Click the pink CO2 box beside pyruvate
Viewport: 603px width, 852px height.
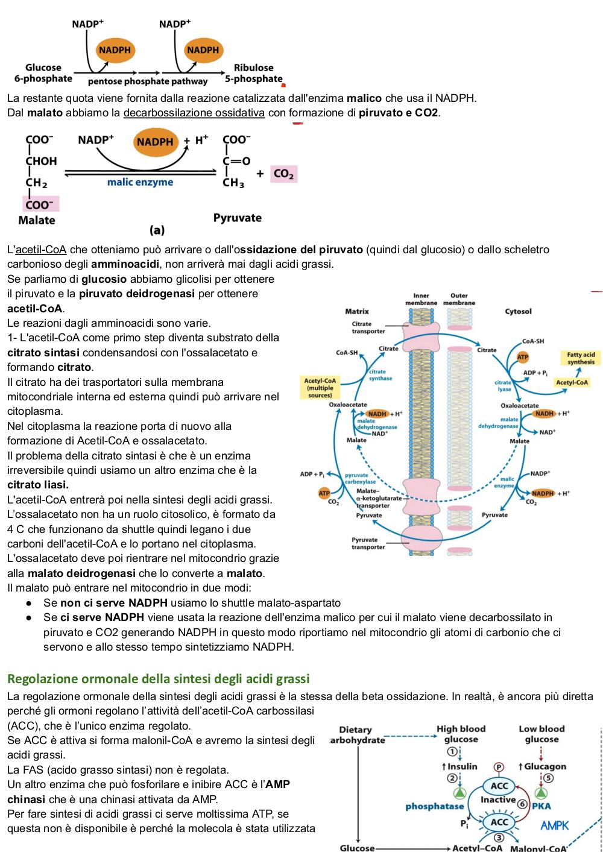pos(283,174)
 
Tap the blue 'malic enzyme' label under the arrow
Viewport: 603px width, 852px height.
pos(140,182)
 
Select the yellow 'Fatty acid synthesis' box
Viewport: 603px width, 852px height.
pos(581,358)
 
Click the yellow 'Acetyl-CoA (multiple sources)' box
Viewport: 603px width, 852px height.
pos(320,388)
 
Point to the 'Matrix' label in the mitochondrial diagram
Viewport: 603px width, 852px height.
pos(356,311)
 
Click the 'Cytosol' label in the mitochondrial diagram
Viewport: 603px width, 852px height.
pos(517,311)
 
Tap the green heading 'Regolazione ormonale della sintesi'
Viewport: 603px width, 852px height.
pos(158,678)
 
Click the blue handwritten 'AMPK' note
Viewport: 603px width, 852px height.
pos(554,825)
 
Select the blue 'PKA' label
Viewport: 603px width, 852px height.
pos(541,806)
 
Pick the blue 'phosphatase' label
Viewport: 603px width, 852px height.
pos(435,806)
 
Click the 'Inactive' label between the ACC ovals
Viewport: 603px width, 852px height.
pos(498,800)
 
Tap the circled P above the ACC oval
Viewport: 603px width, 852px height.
pos(498,767)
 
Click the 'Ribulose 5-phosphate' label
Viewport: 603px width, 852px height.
pos(254,73)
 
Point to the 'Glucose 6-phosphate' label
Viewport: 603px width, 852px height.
pos(43,73)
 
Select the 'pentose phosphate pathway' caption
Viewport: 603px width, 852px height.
pos(148,81)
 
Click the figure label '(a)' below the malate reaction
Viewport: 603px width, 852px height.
pos(157,230)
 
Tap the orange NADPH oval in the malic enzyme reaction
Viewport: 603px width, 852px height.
pos(155,142)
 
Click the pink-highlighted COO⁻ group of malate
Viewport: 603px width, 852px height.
pos(41,204)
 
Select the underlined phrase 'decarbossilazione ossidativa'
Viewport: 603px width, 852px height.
pos(194,113)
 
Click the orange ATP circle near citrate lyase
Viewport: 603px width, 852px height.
pos(522,357)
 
